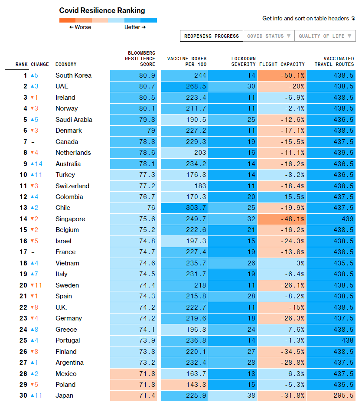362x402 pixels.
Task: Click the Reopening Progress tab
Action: coord(211,36)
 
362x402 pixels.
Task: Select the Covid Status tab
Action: coord(268,36)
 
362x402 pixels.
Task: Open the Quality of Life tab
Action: coord(325,36)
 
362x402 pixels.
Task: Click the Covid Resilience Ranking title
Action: coord(102,10)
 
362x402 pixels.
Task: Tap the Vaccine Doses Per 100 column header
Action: coord(187,62)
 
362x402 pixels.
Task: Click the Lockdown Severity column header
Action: coord(243,62)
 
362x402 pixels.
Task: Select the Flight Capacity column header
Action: coord(282,64)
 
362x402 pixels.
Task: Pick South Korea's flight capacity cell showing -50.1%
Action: coord(282,75)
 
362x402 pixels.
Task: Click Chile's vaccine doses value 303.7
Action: coord(187,208)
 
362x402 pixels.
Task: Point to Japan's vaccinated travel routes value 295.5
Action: coord(331,395)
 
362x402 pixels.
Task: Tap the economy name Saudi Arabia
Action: coord(74,120)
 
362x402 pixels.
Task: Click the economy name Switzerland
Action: coord(72,186)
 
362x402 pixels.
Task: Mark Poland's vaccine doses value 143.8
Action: coord(187,385)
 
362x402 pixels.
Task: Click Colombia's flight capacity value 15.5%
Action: coord(282,197)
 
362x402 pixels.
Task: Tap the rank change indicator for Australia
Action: coord(36,164)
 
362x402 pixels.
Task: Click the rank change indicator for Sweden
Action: coord(36,285)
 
